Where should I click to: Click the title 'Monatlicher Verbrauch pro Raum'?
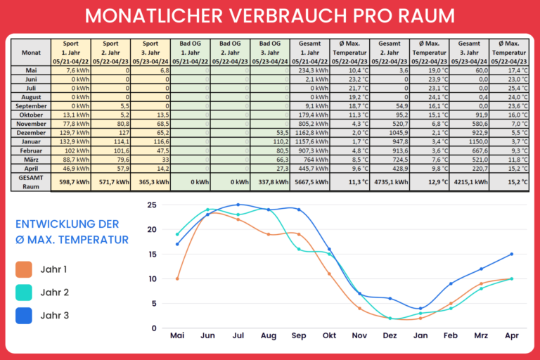click(x=269, y=16)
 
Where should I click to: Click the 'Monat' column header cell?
click(x=31, y=53)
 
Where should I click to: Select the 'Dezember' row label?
click(x=31, y=131)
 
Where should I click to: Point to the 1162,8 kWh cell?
click(x=310, y=131)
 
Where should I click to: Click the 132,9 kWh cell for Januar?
click(x=70, y=141)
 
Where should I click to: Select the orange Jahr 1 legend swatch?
click(x=25, y=269)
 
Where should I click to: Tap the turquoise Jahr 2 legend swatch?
click(x=25, y=292)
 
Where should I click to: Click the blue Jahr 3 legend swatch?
click(x=25, y=316)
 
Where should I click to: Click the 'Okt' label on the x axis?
click(x=328, y=336)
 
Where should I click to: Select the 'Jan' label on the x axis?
click(x=420, y=336)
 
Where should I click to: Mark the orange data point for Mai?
click(x=177, y=278)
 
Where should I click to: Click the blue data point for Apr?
click(x=512, y=254)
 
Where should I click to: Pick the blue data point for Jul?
click(x=238, y=205)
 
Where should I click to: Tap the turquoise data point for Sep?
click(x=299, y=249)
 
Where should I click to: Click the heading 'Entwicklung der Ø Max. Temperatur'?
click(x=72, y=233)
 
